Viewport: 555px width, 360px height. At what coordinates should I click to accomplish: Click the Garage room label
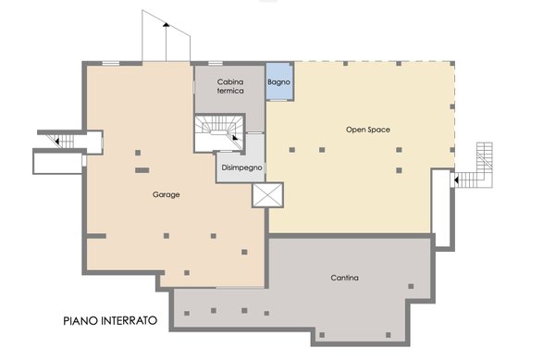pyautogui.click(x=166, y=194)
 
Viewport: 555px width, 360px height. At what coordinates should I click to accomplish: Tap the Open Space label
pyautogui.click(x=368, y=130)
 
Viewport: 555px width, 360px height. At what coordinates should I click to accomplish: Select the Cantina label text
pyautogui.click(x=344, y=278)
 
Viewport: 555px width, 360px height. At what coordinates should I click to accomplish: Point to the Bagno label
pyautogui.click(x=279, y=82)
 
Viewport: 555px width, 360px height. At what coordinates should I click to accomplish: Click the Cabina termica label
pyautogui.click(x=230, y=86)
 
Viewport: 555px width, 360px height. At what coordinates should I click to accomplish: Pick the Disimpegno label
pyautogui.click(x=241, y=168)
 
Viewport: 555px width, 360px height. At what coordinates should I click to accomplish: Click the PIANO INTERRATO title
pyautogui.click(x=110, y=321)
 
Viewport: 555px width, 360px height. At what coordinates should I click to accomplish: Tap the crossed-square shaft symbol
pyautogui.click(x=268, y=194)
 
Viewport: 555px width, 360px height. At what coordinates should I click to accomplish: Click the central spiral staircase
pyautogui.click(x=219, y=132)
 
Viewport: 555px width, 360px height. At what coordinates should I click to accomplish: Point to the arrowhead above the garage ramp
pyautogui.click(x=166, y=24)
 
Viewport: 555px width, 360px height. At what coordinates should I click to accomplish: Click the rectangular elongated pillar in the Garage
pyautogui.click(x=142, y=170)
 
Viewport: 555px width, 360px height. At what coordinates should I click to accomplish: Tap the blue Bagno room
pyautogui.click(x=279, y=82)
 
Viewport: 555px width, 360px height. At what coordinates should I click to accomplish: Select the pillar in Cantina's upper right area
pyautogui.click(x=411, y=286)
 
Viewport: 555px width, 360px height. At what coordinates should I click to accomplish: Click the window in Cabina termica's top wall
pyautogui.click(x=216, y=64)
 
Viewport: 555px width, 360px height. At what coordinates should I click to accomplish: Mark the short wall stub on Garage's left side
pyautogui.click(x=95, y=236)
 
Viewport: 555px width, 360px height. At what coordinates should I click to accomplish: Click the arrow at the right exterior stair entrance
pyautogui.click(x=456, y=180)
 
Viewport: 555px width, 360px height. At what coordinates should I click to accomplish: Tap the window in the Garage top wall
pyautogui.click(x=111, y=64)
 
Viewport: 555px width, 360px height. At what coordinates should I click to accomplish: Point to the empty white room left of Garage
pyautogui.click(x=58, y=163)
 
